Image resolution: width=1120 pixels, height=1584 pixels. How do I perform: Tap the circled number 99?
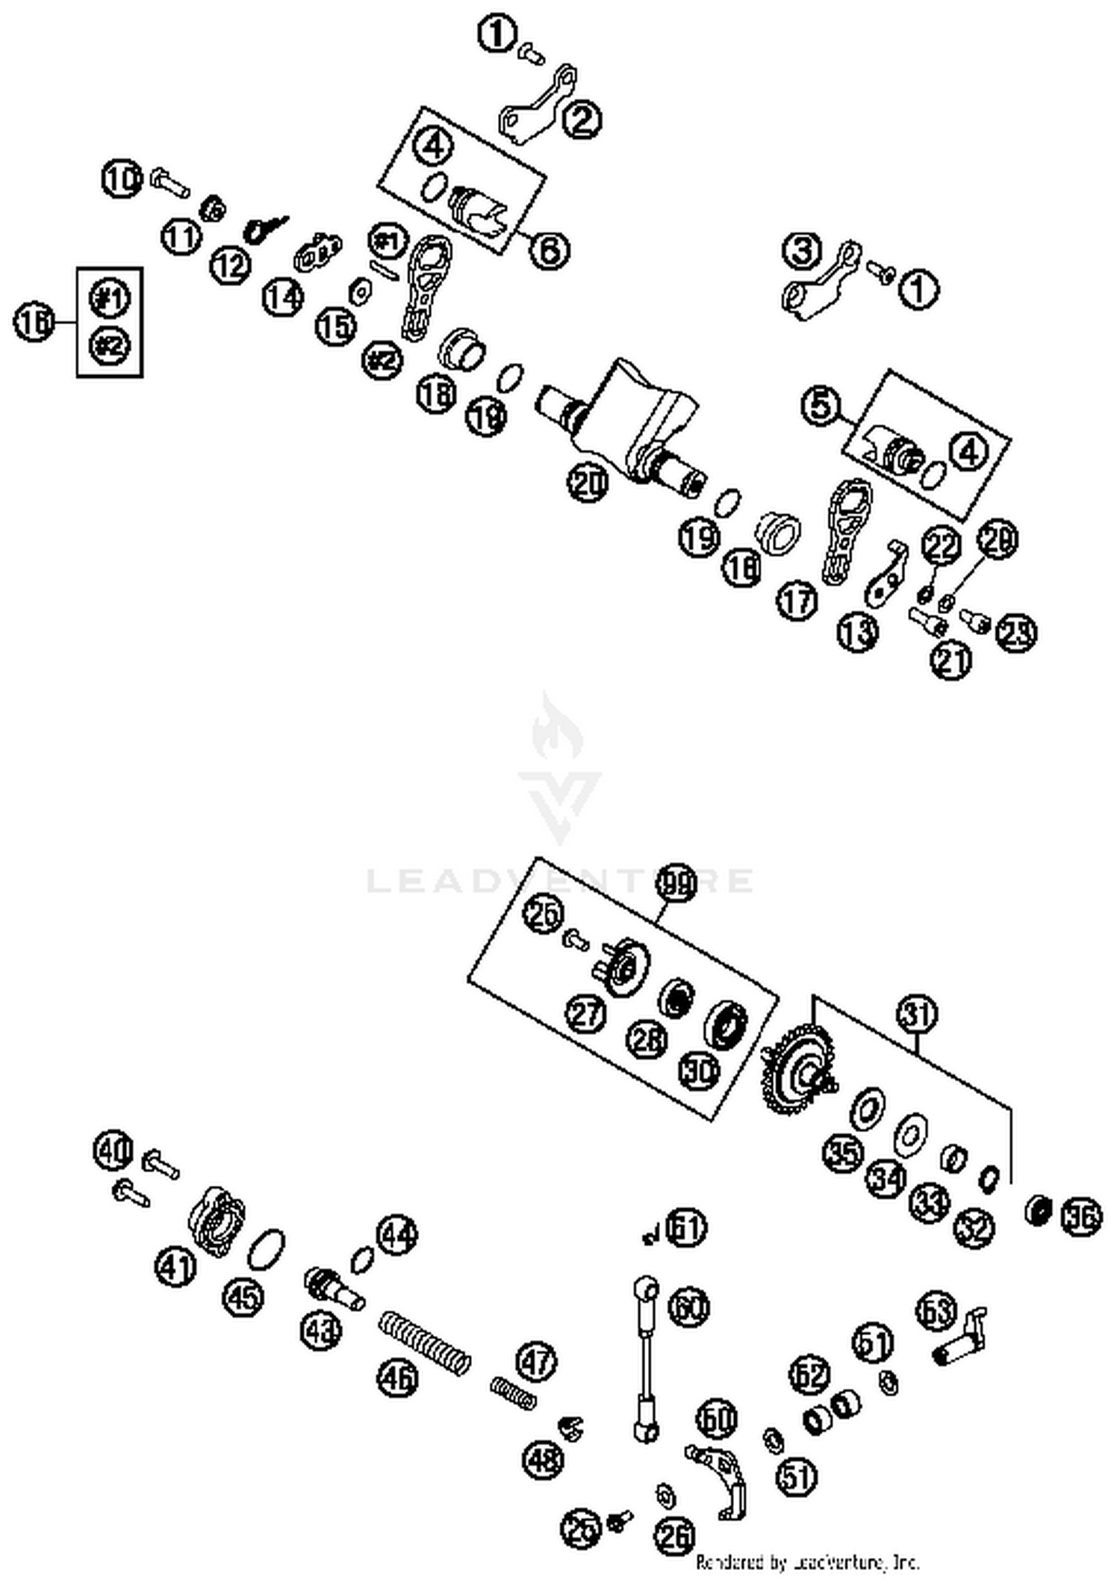[675, 884]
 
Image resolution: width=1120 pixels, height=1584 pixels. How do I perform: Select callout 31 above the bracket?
[918, 1015]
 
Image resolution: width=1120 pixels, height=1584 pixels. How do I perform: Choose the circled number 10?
[122, 179]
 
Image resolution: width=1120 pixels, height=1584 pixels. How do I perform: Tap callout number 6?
[550, 250]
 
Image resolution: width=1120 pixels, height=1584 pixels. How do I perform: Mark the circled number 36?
[1080, 1217]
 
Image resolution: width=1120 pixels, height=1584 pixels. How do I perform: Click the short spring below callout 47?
[514, 1393]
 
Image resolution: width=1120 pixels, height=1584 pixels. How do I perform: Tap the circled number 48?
[544, 1458]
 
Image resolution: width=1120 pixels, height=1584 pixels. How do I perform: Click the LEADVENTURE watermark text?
[560, 881]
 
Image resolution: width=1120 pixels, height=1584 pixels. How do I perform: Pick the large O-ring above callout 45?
[267, 1249]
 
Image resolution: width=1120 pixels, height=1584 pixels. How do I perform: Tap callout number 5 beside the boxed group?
[821, 405]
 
